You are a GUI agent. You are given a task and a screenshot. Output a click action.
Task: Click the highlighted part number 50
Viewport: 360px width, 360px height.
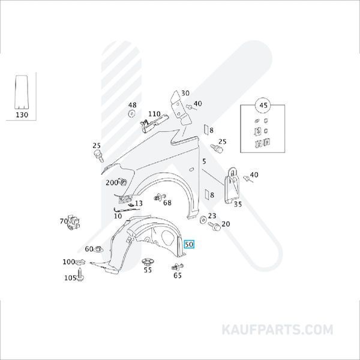coord(189,244)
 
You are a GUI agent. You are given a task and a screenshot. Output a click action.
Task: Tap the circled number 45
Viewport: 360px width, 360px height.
coord(263,106)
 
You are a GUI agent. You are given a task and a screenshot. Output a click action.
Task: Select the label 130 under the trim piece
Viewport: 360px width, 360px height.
coord(22,115)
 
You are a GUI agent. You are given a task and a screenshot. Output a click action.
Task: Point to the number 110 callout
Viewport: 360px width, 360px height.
coord(154,114)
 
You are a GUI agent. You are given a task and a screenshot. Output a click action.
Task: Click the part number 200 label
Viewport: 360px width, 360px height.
coord(112,183)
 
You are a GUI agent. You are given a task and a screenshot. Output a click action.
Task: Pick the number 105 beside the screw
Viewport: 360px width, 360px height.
coord(70,278)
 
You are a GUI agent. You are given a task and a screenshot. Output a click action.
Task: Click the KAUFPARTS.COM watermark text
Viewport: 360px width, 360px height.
coord(277,329)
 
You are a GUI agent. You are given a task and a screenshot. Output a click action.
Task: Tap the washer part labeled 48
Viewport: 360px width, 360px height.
coord(131,113)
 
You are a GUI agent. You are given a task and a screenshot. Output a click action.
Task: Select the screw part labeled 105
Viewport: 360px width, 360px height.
coord(80,274)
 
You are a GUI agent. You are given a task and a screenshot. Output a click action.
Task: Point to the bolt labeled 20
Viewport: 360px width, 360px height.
coord(214,226)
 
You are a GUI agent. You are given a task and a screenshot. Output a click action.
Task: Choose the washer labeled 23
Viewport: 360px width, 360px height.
coord(203,220)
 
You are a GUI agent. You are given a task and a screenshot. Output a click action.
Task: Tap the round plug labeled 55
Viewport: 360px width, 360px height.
coord(148,262)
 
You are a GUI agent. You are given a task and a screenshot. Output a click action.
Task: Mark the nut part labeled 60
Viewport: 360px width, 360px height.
coord(99,248)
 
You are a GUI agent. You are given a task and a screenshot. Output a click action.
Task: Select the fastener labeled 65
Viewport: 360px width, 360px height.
coord(178,267)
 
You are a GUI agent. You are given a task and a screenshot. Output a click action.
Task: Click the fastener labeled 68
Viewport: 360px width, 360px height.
coord(160,197)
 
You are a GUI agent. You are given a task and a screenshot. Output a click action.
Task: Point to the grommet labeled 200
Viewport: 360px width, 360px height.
coord(123,182)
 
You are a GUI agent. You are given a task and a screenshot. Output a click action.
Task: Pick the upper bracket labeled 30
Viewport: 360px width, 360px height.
coord(181,108)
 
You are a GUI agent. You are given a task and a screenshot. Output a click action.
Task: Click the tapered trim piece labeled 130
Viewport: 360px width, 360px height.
coord(22,92)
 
